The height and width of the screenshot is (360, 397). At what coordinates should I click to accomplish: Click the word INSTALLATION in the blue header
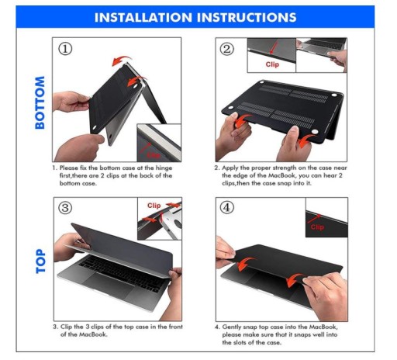point(143,18)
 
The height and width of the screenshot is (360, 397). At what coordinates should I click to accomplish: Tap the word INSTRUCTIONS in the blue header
point(247,18)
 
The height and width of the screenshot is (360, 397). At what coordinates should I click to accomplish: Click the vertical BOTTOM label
point(40,102)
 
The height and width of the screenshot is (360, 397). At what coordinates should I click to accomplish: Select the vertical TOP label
point(40,261)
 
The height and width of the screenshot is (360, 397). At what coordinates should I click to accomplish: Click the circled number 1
point(65,49)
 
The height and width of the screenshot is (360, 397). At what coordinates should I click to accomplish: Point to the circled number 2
point(227,49)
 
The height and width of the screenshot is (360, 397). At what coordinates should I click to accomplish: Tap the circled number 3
point(65,208)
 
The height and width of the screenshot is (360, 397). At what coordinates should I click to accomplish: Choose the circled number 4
point(227,207)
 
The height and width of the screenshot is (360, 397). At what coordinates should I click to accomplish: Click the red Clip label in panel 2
point(272,64)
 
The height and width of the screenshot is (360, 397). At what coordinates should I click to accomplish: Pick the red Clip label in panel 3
point(154,206)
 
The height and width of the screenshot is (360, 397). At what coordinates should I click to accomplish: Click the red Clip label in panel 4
point(317,227)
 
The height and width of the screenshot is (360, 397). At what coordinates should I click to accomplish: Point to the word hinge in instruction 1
point(164,168)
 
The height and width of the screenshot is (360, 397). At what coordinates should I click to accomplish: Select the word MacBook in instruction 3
point(93,334)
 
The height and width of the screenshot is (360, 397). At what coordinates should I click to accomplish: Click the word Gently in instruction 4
point(232,327)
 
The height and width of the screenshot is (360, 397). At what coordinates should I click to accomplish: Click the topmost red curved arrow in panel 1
point(122,61)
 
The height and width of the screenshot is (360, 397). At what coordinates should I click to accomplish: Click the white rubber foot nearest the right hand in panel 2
point(315,132)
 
